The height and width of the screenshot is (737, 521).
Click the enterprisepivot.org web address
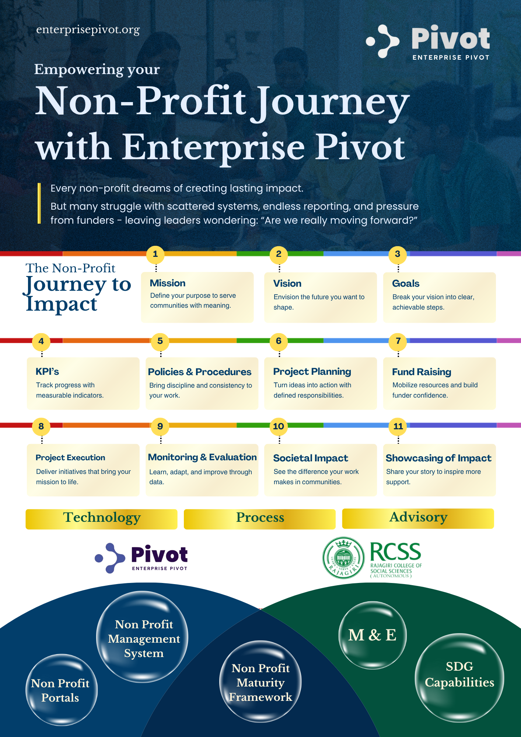(88, 30)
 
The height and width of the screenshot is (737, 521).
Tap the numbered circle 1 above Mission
(155, 254)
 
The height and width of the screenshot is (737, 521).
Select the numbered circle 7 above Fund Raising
(398, 341)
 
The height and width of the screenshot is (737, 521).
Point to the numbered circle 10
(279, 426)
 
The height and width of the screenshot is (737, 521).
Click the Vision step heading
(287, 283)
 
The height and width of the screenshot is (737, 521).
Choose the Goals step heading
(406, 283)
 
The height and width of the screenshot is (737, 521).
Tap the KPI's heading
(47, 371)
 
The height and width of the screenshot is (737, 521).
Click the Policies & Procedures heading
(200, 372)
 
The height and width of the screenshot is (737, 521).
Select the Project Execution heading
(70, 458)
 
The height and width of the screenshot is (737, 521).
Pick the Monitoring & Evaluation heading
(202, 457)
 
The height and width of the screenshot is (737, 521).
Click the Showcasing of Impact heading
(438, 458)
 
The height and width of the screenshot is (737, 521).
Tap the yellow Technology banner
(101, 519)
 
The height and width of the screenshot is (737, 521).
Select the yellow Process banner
(260, 519)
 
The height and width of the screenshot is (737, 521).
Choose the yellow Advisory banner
(418, 518)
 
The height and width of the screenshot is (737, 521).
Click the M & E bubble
(373, 635)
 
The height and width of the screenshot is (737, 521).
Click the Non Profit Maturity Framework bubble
(260, 682)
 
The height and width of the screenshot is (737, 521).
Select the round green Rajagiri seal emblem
(344, 558)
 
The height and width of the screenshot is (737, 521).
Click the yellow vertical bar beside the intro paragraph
(39, 203)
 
